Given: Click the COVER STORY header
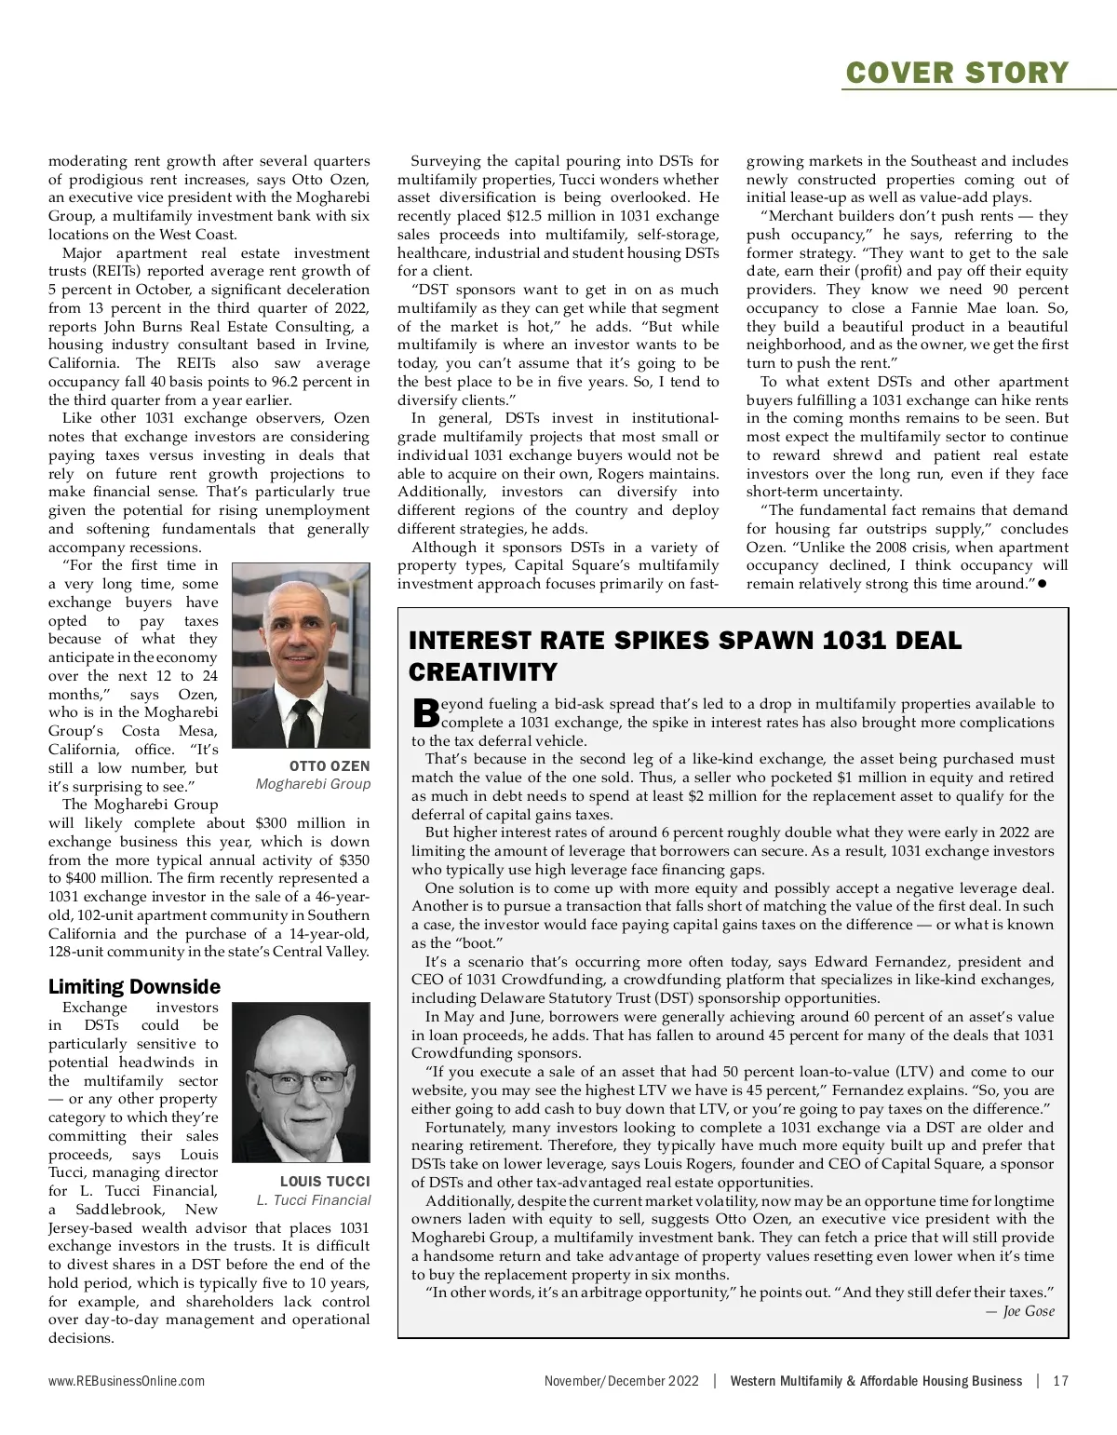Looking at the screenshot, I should click(956, 72).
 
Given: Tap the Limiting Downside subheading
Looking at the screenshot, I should click(134, 986).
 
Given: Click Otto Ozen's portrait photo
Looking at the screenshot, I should click(301, 655).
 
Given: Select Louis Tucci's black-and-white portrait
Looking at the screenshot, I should click(301, 1082).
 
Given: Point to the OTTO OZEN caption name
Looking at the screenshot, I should click(330, 765).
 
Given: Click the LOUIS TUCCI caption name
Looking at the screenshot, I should click(325, 1181).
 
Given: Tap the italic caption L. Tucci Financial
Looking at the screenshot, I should click(313, 1199).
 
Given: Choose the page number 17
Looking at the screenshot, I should click(1060, 1381).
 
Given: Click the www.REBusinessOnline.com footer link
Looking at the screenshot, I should click(127, 1381).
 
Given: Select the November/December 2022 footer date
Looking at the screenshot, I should click(621, 1381).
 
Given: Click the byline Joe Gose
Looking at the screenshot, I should click(1028, 1311).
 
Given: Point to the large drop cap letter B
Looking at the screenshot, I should click(425, 713).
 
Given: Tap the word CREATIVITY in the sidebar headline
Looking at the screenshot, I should click(483, 671).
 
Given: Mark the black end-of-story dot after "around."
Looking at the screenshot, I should click(1043, 584).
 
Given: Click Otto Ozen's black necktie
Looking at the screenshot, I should click(302, 722).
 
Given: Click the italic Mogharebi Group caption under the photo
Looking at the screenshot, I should click(313, 784).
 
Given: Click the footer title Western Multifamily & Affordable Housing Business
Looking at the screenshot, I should click(876, 1381).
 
